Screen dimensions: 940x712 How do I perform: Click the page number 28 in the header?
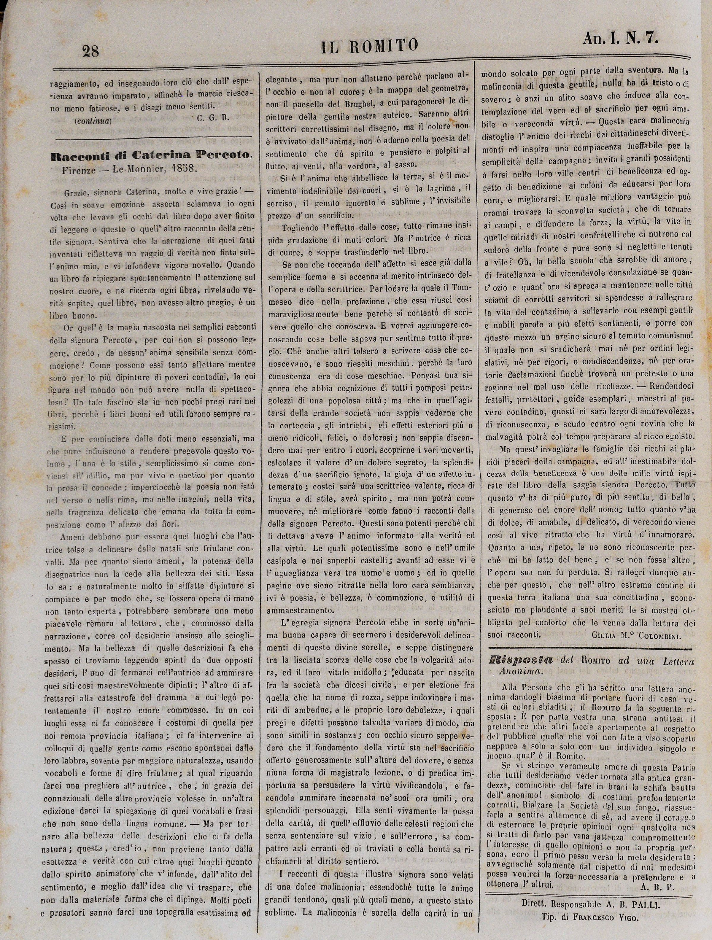click(91, 51)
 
